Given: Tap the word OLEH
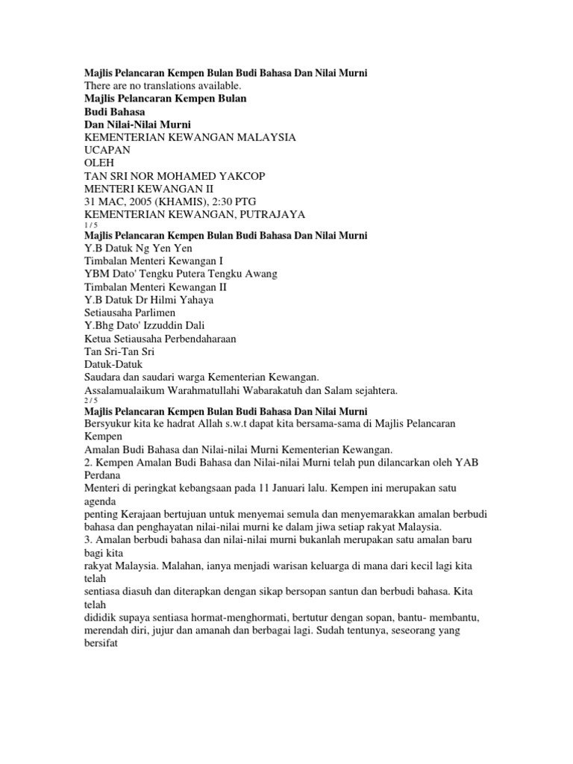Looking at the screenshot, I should tap(98, 163).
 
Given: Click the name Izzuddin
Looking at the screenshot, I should tap(157, 325).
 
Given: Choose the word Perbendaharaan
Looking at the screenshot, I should tap(190, 338).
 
